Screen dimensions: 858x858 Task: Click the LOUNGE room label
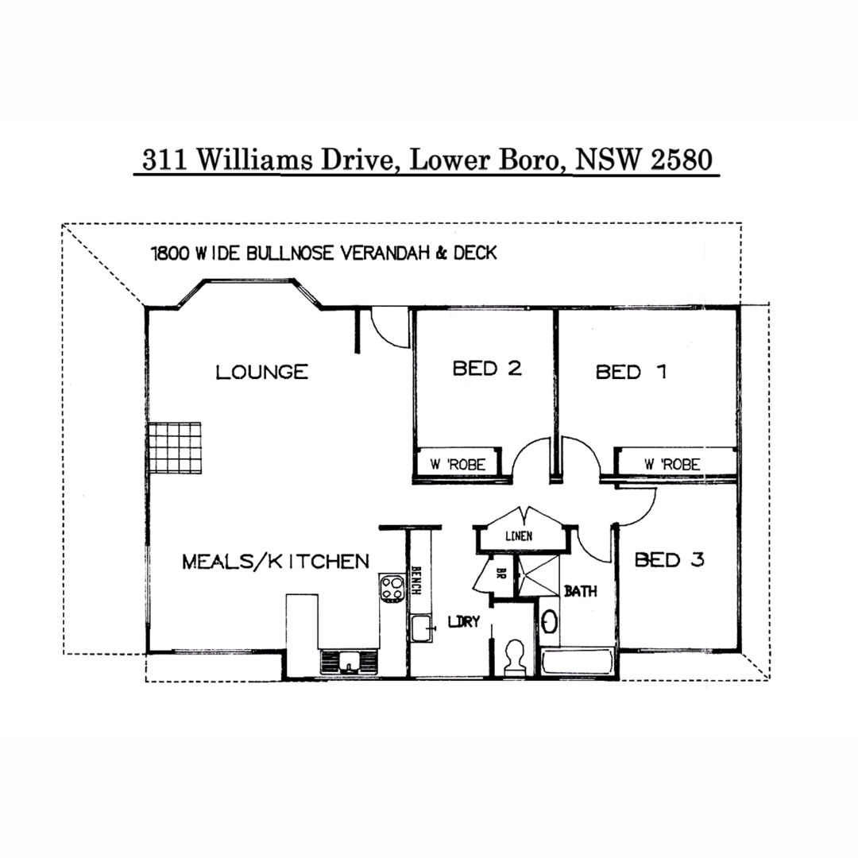(262, 372)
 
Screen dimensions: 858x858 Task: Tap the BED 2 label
(487, 369)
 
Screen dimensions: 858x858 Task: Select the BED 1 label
(631, 372)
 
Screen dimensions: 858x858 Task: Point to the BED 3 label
(669, 560)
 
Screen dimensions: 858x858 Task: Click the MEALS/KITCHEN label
(276, 562)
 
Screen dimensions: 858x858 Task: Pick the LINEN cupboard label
(519, 536)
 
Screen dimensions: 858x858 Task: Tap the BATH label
(581, 591)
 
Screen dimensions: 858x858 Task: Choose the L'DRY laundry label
(463, 621)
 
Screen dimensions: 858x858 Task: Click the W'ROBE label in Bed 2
(458, 465)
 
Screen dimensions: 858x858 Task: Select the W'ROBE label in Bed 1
(672, 465)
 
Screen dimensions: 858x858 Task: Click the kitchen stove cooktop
(392, 589)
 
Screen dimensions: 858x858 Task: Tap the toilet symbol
(514, 658)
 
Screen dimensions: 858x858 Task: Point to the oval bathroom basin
(549, 622)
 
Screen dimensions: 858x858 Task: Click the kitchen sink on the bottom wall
(349, 662)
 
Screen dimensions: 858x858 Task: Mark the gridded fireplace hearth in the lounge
(175, 447)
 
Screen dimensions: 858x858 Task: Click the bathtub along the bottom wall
(578, 663)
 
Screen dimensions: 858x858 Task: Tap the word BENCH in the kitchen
(415, 580)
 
